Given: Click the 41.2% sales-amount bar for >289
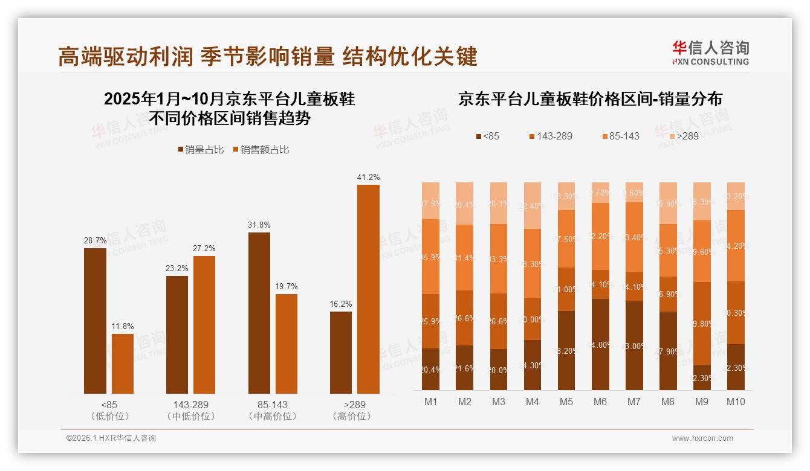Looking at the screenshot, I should pyautogui.click(x=368, y=289).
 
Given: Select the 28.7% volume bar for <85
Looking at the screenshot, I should pyautogui.click(x=95, y=321).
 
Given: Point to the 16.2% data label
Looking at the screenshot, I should pyautogui.click(x=341, y=304).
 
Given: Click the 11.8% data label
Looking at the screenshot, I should pyautogui.click(x=123, y=326).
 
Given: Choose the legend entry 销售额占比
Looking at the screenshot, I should pyautogui.click(x=261, y=149).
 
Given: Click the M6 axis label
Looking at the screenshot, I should pyautogui.click(x=600, y=402).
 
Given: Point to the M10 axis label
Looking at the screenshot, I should pyautogui.click(x=736, y=402).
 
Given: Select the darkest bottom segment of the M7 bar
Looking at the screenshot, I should pyautogui.click(x=634, y=345).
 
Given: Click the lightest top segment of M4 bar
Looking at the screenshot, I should pyautogui.click(x=533, y=205).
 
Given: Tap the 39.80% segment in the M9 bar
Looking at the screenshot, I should pyautogui.click(x=702, y=323).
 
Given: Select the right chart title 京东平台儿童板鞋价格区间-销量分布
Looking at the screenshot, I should pyautogui.click(x=590, y=99).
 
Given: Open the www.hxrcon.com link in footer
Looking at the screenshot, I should pyautogui.click(x=702, y=438).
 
